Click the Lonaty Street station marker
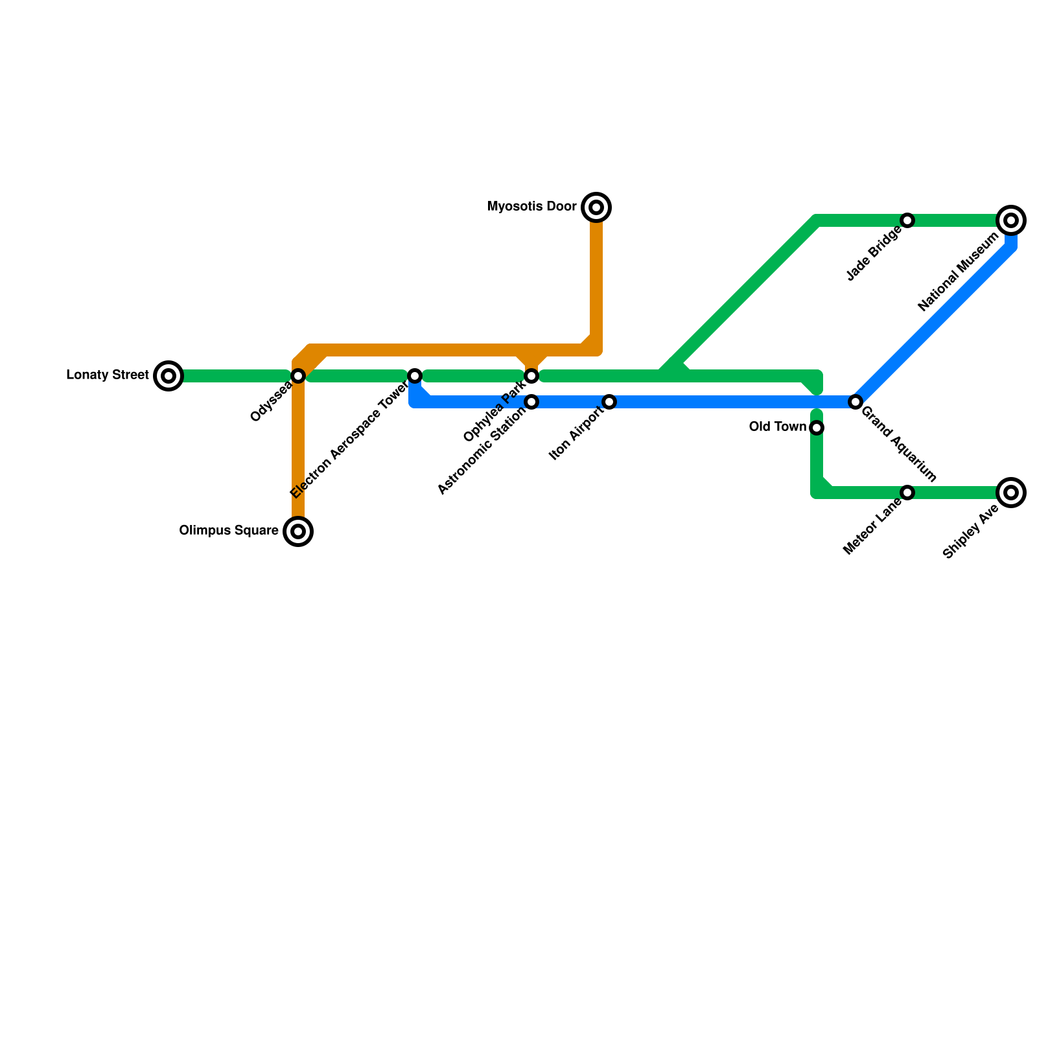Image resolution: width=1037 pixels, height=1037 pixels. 169,376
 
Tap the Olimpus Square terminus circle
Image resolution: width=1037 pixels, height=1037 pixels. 298,531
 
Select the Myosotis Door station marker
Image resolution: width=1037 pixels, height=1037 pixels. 596,207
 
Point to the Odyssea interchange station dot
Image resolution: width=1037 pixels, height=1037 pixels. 298,376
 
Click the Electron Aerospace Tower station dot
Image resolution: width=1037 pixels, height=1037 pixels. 415,376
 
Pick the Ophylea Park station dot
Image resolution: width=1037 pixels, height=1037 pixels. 531,376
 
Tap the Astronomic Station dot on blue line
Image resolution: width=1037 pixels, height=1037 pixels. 531,402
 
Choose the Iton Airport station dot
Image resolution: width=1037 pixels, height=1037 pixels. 609,402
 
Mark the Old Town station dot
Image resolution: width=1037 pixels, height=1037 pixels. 817,428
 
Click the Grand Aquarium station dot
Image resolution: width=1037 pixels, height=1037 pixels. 856,402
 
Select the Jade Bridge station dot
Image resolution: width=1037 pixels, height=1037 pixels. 907,220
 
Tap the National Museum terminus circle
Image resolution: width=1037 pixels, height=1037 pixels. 1011,220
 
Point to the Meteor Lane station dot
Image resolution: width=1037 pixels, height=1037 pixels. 907,493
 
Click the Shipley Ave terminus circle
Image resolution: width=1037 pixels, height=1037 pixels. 1011,493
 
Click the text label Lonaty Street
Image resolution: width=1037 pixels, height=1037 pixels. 108,375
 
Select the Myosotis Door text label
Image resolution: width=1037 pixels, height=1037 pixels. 531,207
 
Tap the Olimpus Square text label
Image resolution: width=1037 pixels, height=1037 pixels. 229,531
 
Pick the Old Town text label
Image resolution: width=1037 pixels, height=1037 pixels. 777,427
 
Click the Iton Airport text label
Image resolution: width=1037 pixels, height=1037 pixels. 576,434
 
